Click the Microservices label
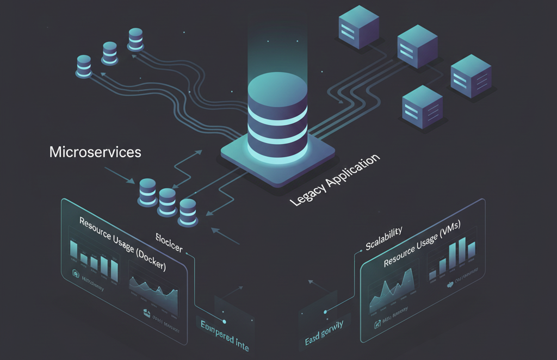(x=95, y=152)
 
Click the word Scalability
(x=383, y=238)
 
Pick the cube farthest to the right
(x=471, y=76)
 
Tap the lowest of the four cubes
(x=422, y=106)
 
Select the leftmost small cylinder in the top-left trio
(x=83, y=66)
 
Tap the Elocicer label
(x=169, y=242)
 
